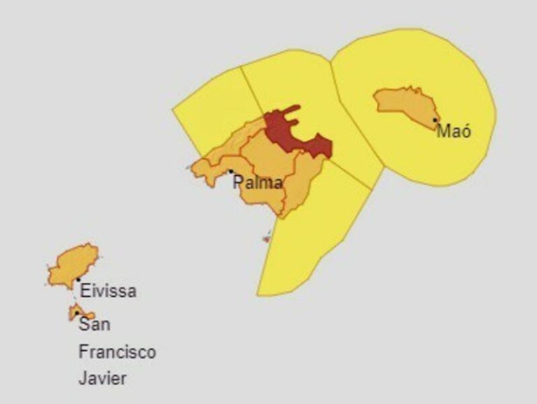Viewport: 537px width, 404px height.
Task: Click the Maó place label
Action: point(454,132)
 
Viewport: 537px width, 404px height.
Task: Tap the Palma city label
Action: point(258,183)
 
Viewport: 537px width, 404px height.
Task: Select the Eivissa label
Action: point(108,291)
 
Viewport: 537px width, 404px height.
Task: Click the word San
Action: point(94,325)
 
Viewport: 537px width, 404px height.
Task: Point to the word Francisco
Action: point(117,351)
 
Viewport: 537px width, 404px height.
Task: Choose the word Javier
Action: point(102,379)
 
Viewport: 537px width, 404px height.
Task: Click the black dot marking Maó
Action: point(435,120)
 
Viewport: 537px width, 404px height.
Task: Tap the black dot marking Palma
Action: point(231,171)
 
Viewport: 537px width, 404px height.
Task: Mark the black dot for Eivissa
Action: point(78,280)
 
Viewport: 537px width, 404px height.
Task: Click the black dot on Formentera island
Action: point(77,313)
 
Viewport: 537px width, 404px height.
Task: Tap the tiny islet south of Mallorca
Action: point(266,238)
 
